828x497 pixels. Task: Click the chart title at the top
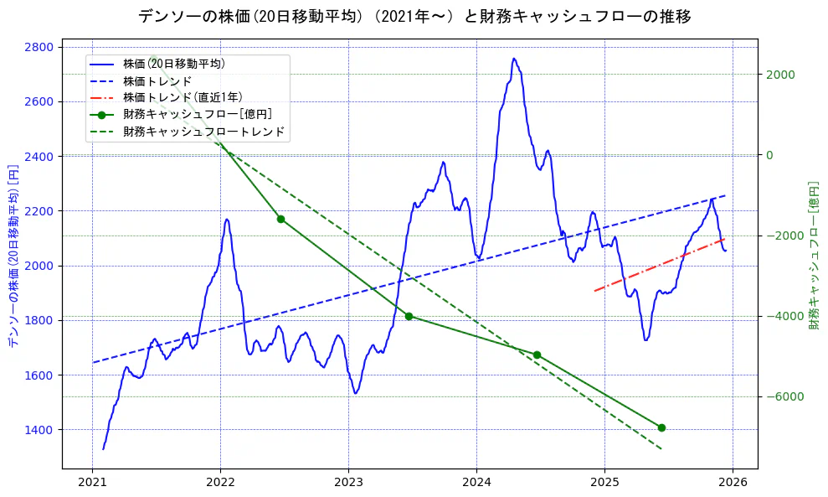pyautogui.click(x=414, y=16)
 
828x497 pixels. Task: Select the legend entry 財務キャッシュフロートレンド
pyautogui.click(x=203, y=132)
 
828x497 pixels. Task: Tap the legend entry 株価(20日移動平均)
pyautogui.click(x=173, y=64)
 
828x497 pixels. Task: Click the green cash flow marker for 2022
pyautogui.click(x=280, y=219)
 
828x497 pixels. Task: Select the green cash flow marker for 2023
pyautogui.click(x=409, y=316)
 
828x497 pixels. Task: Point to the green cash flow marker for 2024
pyautogui.click(x=537, y=355)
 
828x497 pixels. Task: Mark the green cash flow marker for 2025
pyautogui.click(x=661, y=427)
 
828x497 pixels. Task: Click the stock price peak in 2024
pyautogui.click(x=513, y=59)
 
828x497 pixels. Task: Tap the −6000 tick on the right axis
pyautogui.click(x=782, y=396)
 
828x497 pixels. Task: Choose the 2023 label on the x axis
pyautogui.click(x=348, y=483)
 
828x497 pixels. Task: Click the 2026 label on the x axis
pyautogui.click(x=733, y=483)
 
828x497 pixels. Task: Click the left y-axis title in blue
pyautogui.click(x=13, y=256)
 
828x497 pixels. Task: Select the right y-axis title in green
pyautogui.click(x=814, y=256)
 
